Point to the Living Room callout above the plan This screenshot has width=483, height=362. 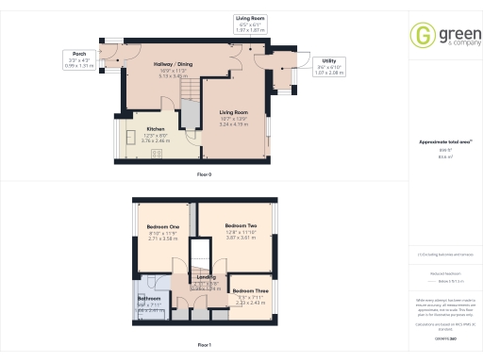tap(250, 24)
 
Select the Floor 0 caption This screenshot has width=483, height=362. tap(204, 175)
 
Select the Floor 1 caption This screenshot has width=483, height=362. tap(204, 347)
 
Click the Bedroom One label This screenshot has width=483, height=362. tap(163, 226)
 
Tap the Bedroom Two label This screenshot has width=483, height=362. tap(241, 225)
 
